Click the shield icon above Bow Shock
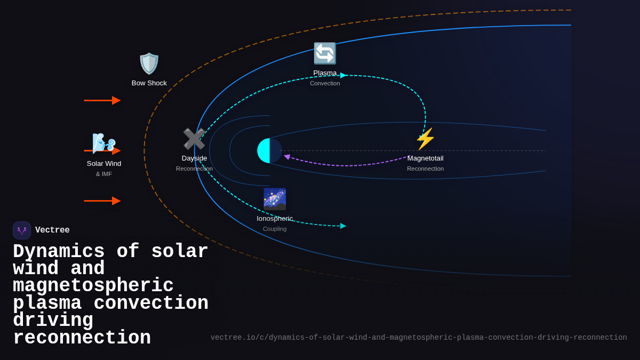click(x=149, y=64)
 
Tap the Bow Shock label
click(x=149, y=83)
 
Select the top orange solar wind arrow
click(x=102, y=100)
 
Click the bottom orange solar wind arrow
click(x=102, y=201)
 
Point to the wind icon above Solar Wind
click(x=103, y=143)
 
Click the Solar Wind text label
click(x=104, y=164)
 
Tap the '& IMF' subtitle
click(x=104, y=174)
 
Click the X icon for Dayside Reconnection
click(x=194, y=139)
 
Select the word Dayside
click(x=194, y=158)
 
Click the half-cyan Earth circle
click(x=269, y=151)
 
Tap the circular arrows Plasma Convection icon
click(x=325, y=53)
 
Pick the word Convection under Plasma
click(x=325, y=83)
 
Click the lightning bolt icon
click(x=425, y=139)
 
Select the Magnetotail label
click(x=425, y=158)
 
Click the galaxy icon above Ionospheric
click(x=275, y=199)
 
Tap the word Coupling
click(x=275, y=229)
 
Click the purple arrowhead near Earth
click(x=287, y=157)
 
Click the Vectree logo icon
click(x=22, y=230)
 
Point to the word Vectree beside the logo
click(x=52, y=230)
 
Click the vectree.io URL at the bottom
click(x=419, y=338)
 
